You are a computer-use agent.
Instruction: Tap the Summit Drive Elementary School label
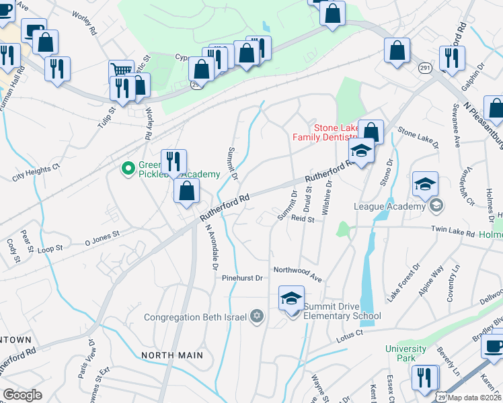(x=342, y=312)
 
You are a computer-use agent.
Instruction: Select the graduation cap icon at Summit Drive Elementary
(x=291, y=298)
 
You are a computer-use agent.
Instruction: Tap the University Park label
(x=405, y=353)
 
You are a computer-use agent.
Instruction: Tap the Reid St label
(x=303, y=218)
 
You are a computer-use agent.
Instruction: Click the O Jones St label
(x=102, y=236)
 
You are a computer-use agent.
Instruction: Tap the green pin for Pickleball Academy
(x=125, y=169)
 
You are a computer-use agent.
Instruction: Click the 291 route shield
(x=424, y=69)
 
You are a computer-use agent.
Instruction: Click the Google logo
(x=23, y=395)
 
